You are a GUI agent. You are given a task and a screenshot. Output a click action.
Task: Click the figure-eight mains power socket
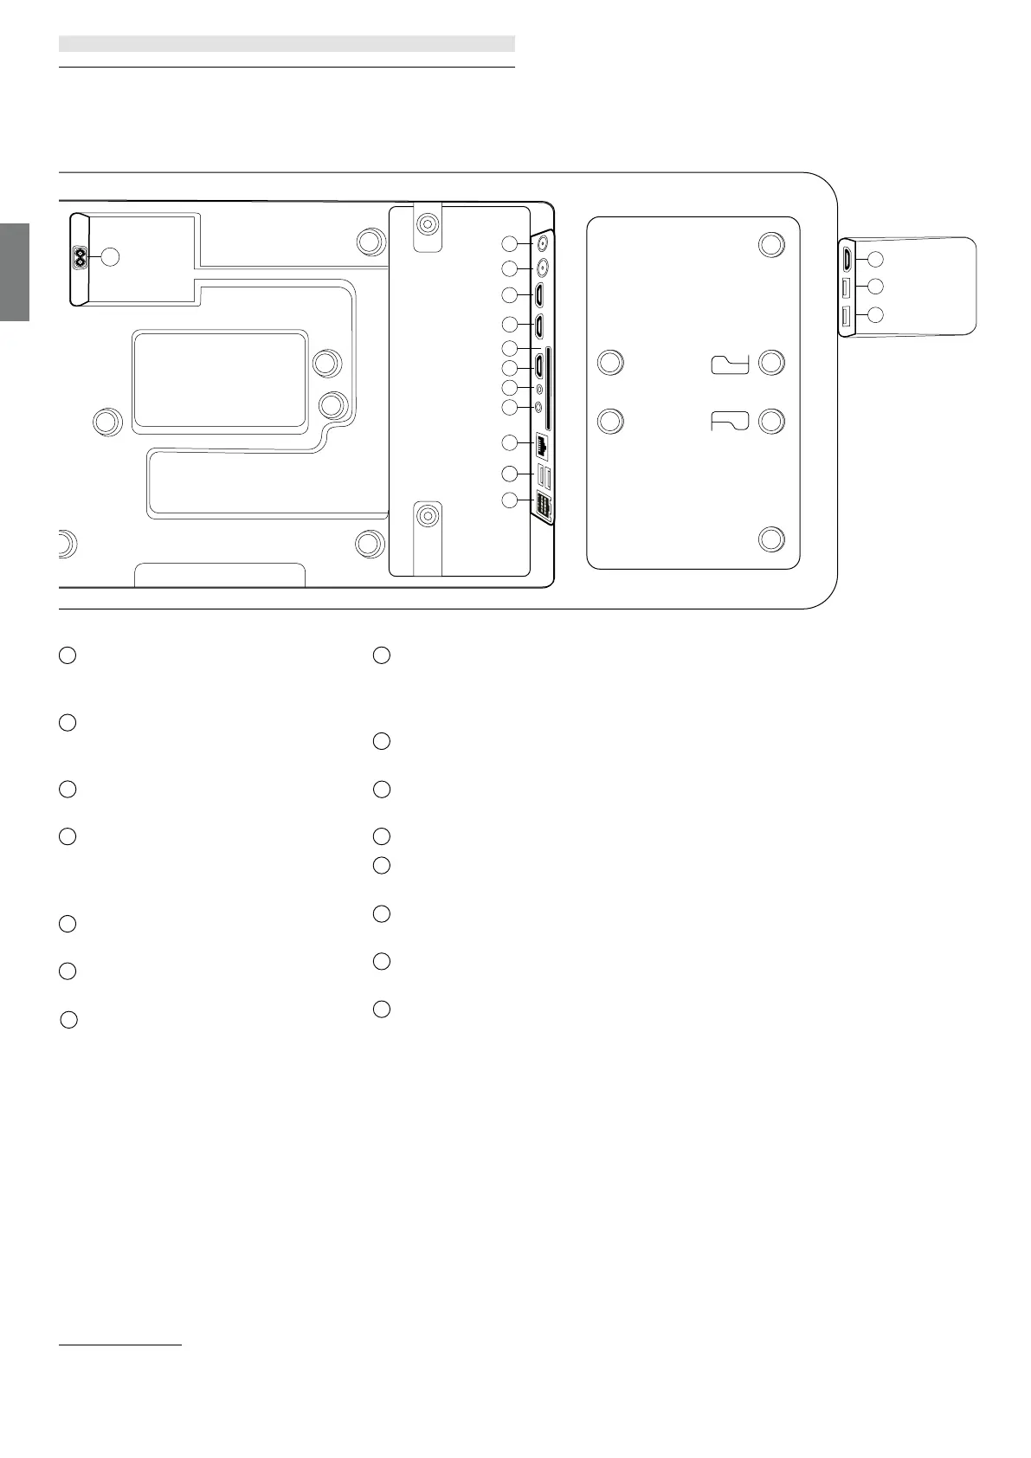coord(81,257)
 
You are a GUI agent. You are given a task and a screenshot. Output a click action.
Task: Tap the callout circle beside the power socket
coord(109,256)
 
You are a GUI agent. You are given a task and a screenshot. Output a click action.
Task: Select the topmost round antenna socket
coord(543,243)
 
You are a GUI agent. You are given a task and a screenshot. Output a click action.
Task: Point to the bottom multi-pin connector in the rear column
coord(543,506)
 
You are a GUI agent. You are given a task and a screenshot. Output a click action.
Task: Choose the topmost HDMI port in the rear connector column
coord(539,296)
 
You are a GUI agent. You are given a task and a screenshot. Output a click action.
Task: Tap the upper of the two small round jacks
coord(540,389)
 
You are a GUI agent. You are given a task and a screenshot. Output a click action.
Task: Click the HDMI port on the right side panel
coord(847,258)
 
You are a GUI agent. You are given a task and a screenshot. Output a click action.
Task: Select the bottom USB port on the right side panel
coord(847,317)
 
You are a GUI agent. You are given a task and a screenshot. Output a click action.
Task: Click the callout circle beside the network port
coord(511,443)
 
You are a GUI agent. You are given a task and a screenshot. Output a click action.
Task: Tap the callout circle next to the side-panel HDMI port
coord(875,258)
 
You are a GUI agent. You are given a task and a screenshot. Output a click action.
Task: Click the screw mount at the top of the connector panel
coord(426,224)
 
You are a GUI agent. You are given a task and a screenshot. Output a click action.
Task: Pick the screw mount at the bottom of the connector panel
coord(426,517)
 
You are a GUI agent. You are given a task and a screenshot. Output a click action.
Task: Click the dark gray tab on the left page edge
coord(15,272)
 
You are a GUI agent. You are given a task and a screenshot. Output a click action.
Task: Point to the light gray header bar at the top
coord(287,43)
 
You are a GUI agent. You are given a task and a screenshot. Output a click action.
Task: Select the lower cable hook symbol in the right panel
coord(730,422)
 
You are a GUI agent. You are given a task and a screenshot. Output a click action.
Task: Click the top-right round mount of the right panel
coord(771,244)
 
